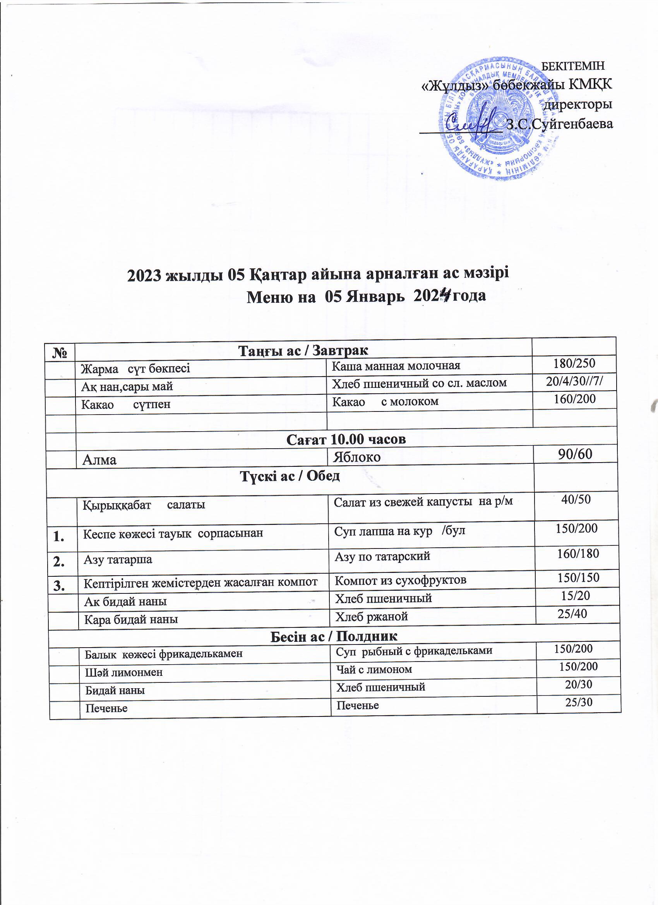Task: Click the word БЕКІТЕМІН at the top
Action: (575, 65)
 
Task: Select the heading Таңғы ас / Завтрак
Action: (303, 350)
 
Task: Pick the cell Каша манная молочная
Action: (396, 365)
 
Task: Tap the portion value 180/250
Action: (574, 363)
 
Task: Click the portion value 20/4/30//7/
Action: (574, 382)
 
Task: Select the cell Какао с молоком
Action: (386, 401)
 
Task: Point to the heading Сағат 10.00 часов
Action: (346, 439)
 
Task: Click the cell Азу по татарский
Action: (382, 556)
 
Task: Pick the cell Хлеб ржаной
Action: (371, 617)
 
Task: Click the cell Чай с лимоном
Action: (374, 669)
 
